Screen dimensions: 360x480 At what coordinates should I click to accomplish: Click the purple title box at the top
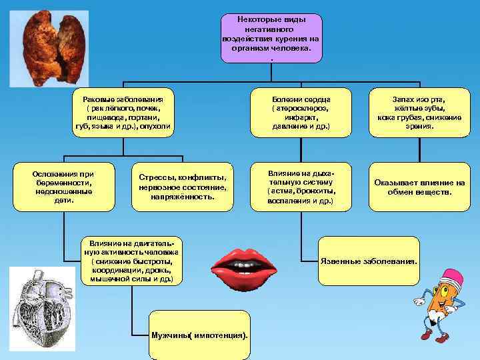pos(271,38)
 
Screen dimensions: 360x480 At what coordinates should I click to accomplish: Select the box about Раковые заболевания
pos(124,112)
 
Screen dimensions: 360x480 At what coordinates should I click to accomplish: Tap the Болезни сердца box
pos(301,112)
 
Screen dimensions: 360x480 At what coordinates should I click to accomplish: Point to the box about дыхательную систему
pos(301,187)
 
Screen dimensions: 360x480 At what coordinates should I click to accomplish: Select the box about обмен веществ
pos(419,187)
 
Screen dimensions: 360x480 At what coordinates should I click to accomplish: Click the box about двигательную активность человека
pos(131,262)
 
